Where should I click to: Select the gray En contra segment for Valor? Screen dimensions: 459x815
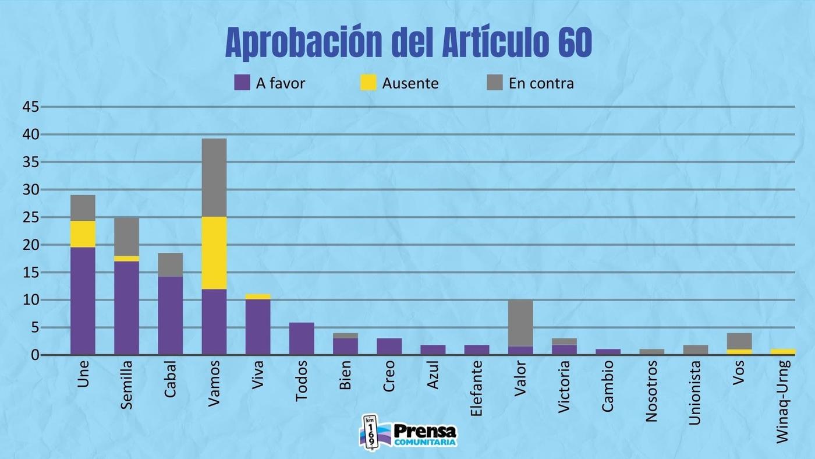pos(520,323)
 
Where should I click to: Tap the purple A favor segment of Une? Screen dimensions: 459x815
pos(83,301)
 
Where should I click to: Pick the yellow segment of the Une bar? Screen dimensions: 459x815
pos(83,234)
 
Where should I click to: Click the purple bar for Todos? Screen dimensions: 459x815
pos(301,338)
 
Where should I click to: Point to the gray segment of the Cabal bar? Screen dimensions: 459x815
pos(170,264)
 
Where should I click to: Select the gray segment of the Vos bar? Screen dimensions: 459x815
pos(739,341)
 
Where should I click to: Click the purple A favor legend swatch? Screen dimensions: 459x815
pos(242,83)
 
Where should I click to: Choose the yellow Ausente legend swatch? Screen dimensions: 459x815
pos(368,83)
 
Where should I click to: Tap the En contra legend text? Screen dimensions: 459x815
pos(541,83)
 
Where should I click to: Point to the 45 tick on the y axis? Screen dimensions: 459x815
pos(30,107)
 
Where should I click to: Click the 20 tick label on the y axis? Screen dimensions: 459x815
pos(30,245)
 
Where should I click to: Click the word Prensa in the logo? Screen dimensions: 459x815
pos(425,431)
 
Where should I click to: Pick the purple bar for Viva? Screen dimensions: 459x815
pos(257,327)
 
